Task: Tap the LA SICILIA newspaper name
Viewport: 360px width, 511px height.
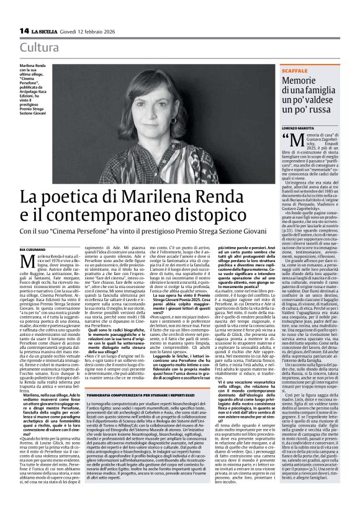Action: point(47,30)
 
